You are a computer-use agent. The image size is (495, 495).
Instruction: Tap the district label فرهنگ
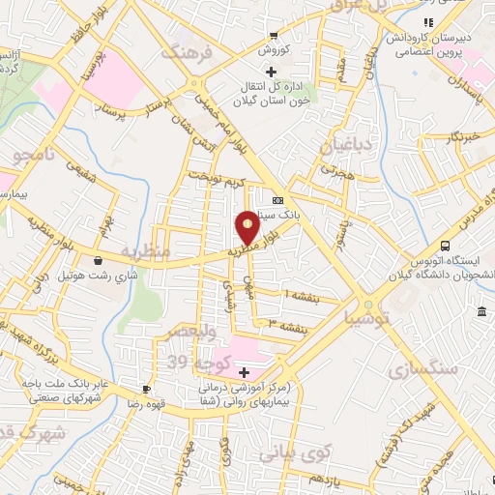(x=185, y=52)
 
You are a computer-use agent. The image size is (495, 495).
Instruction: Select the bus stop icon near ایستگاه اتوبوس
(x=445, y=246)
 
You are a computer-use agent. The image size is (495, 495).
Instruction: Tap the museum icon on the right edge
(x=481, y=310)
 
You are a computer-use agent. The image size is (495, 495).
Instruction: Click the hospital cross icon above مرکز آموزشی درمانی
(x=244, y=372)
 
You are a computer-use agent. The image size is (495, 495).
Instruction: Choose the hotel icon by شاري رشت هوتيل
(x=99, y=259)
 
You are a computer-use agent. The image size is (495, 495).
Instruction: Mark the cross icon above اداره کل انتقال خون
(x=272, y=73)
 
